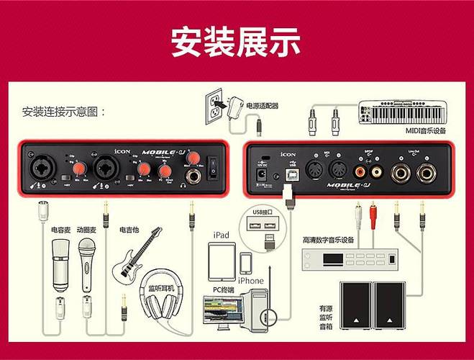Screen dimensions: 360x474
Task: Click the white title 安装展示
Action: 237,42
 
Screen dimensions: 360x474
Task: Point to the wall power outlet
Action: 214,106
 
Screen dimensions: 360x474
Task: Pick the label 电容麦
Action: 61,230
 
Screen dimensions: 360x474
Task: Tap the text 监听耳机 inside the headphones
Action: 166,288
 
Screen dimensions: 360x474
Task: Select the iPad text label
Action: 222,235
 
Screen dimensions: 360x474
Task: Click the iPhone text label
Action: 250,280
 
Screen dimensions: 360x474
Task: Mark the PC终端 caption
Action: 225,290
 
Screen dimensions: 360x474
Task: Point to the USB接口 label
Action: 265,212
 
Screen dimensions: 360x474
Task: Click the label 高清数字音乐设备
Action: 329,240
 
